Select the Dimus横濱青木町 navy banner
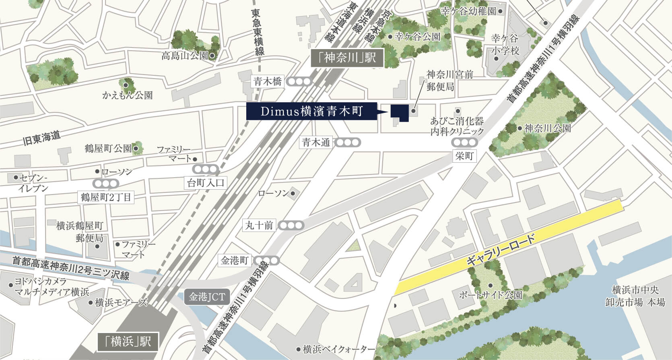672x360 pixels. tap(312, 112)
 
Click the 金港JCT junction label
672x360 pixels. tap(207, 298)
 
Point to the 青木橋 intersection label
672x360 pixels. tap(268, 81)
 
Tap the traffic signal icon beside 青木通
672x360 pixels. tap(348, 142)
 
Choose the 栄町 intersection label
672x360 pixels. tap(464, 156)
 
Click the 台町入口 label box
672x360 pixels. tap(206, 183)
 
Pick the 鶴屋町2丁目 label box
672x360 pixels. tap(106, 197)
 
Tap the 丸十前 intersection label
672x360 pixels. tap(260, 225)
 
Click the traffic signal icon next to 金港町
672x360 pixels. tap(267, 261)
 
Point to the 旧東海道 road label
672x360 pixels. tap(42, 139)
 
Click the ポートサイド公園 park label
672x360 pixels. tap(491, 295)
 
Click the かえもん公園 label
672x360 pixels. tap(128, 95)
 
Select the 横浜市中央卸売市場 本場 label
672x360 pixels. tap(635, 296)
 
